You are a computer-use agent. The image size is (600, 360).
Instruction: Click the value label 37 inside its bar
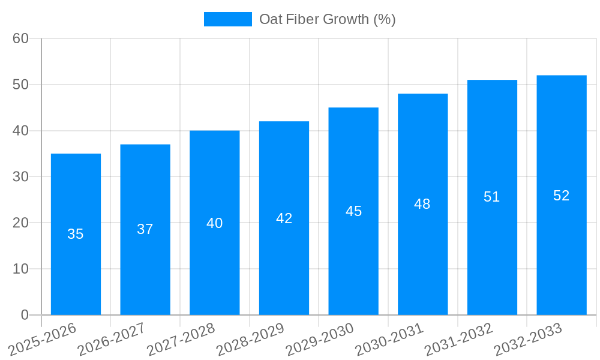[x=145, y=229]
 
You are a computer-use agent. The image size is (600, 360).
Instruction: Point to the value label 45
[x=353, y=211]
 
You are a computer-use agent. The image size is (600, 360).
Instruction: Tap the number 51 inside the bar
[x=492, y=197]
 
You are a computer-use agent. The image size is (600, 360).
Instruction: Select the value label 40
[x=214, y=223]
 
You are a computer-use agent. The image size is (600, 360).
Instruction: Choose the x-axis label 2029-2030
[x=320, y=339]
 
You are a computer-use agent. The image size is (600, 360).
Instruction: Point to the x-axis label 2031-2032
[x=459, y=339]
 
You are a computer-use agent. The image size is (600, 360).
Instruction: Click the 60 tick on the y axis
[x=20, y=38]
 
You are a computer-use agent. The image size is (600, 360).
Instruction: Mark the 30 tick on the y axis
[x=20, y=177]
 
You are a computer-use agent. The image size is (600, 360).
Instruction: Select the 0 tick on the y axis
[x=25, y=315]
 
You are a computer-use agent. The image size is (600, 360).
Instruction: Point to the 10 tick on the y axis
[x=20, y=269]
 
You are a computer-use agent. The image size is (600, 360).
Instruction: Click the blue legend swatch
[x=227, y=19]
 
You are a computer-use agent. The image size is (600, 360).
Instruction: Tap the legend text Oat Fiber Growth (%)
[x=327, y=19]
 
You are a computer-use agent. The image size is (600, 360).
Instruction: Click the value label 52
[x=561, y=196]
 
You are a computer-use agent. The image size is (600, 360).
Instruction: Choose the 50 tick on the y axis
[x=20, y=85]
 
